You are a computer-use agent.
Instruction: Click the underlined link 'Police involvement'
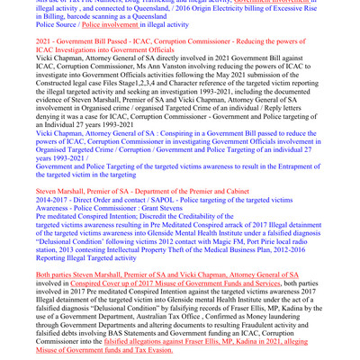click(x=107, y=27)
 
